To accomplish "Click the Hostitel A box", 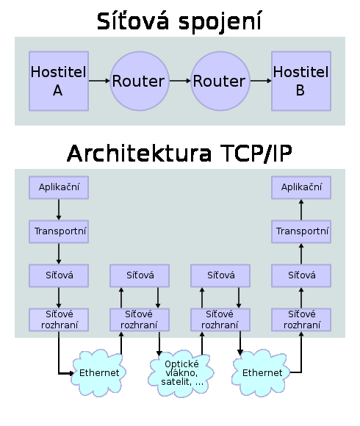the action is (x=59, y=81).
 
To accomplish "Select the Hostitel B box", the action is (x=301, y=81).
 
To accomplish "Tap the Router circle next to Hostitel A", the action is (x=140, y=81).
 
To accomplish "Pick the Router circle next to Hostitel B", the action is (x=220, y=81).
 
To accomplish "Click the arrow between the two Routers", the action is (x=180, y=81).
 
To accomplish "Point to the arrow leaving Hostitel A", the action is (x=99, y=81).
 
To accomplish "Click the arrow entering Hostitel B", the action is (x=261, y=81).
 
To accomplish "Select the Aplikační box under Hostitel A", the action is (x=59, y=187).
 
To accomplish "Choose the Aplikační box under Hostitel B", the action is (x=301, y=187).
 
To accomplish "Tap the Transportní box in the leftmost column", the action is (x=59, y=231).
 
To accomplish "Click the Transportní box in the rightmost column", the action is (x=301, y=231).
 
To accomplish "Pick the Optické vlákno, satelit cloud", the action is (x=181, y=373).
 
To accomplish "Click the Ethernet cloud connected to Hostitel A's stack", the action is (x=98, y=373).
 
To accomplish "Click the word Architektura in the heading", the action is (x=139, y=154).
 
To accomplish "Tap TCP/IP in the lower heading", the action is (x=256, y=154).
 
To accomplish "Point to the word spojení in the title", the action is (x=220, y=22).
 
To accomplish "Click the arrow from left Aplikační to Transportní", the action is (x=59, y=209).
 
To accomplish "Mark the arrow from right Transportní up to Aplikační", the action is (x=301, y=209).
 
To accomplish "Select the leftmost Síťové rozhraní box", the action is (x=59, y=319).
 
